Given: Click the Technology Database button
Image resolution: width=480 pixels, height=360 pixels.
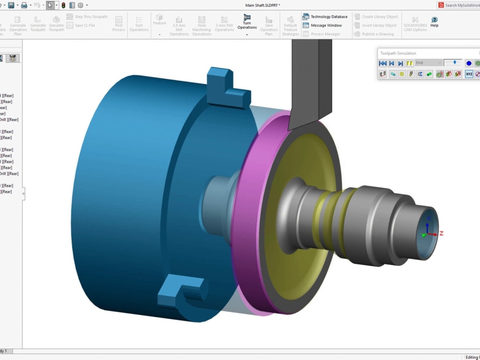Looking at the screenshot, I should (x=325, y=17).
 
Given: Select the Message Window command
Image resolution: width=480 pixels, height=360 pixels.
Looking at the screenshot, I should (x=322, y=25).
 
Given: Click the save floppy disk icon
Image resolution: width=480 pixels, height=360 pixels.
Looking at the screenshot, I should (x=11, y=5).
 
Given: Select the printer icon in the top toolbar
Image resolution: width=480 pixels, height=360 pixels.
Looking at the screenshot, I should (x=24, y=5).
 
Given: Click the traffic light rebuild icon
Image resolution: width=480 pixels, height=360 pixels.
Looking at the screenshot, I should (x=63, y=5).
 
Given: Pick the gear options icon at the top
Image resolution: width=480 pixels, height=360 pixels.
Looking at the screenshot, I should (x=80, y=5).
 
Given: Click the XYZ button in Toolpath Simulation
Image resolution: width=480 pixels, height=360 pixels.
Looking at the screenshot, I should (x=469, y=74).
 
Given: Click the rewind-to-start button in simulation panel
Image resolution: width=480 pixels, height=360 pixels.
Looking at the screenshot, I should (x=383, y=63).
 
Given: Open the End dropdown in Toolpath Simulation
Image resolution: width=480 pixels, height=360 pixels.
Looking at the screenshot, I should (x=428, y=63).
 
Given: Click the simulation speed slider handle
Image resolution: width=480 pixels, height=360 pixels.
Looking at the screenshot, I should (x=455, y=62).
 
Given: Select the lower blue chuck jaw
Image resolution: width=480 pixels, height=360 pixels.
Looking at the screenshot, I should (x=180, y=293).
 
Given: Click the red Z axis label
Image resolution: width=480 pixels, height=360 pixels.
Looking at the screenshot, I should (x=441, y=233).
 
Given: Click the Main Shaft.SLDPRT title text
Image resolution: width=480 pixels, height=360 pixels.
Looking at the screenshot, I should (x=263, y=5).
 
